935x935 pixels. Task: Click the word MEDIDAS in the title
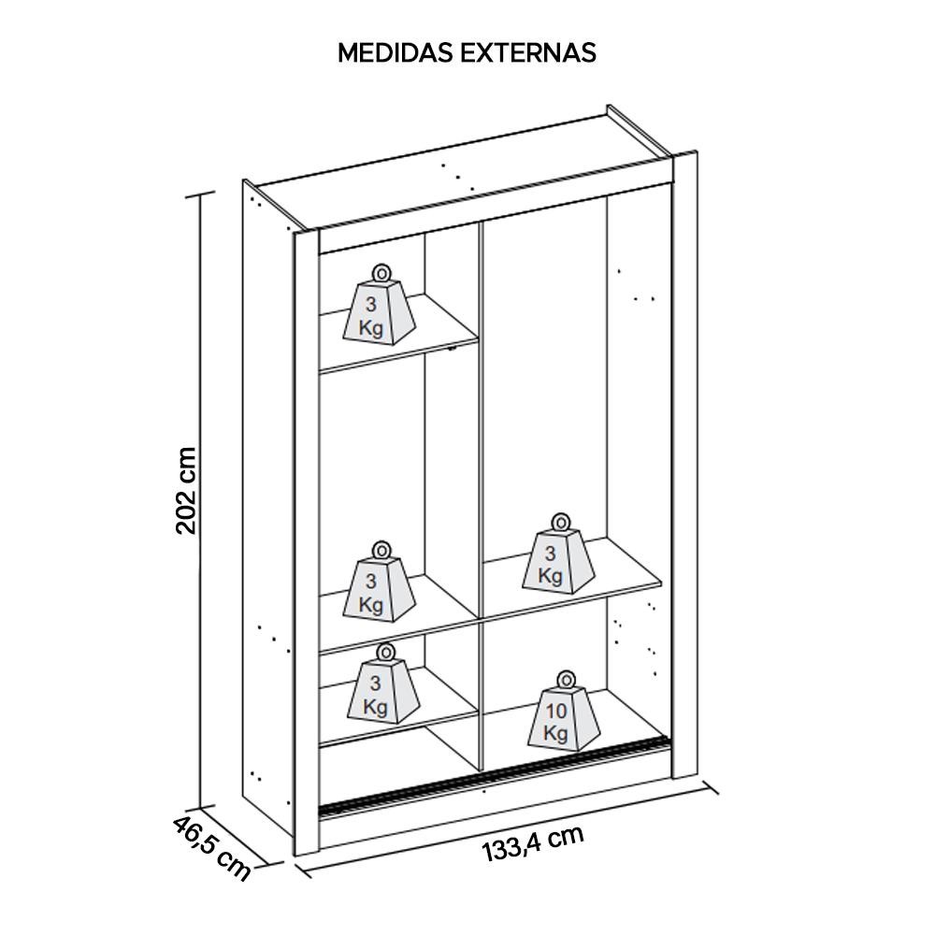(396, 52)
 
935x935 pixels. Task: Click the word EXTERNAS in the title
(528, 52)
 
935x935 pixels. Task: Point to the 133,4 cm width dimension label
(533, 843)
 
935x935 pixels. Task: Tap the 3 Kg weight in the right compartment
(559, 554)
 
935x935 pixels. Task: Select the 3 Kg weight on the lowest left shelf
(383, 683)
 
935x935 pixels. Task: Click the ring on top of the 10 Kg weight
(566, 680)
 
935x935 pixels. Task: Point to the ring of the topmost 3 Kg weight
(381, 274)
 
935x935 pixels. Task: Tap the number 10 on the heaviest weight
(555, 711)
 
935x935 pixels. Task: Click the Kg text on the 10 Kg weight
(554, 733)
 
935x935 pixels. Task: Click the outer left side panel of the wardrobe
(267, 506)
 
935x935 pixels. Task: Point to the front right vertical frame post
(684, 465)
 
